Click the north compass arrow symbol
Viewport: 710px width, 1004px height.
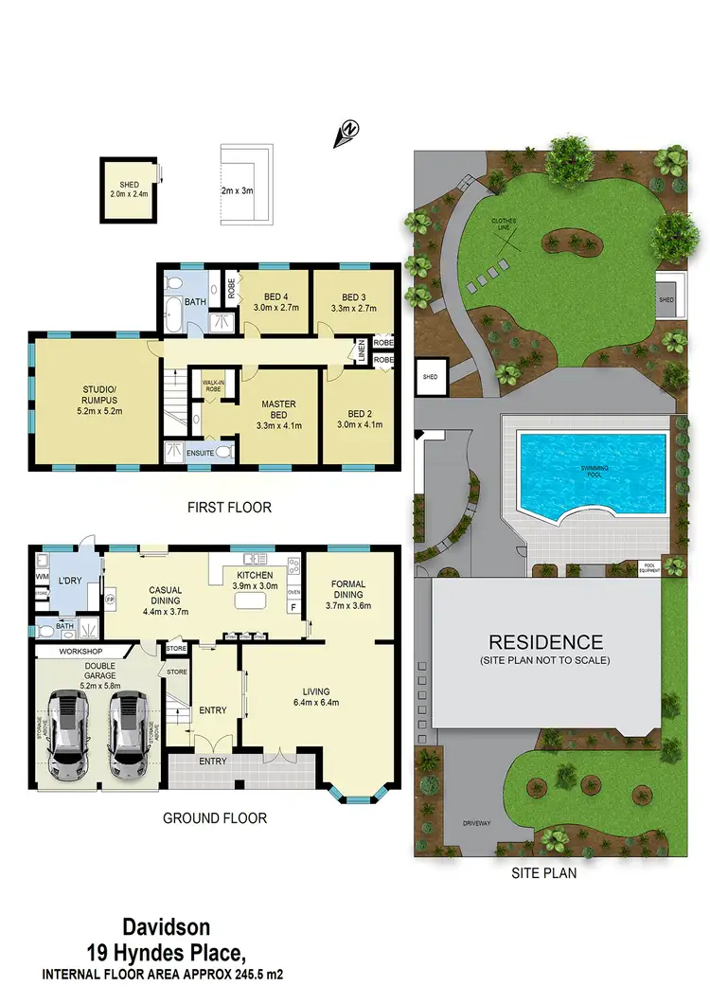[347, 134]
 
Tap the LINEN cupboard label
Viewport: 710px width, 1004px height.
[361, 350]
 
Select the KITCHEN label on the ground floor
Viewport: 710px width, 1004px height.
[255, 574]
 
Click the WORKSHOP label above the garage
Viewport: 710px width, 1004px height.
[80, 653]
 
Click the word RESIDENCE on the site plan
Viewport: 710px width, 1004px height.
[545, 641]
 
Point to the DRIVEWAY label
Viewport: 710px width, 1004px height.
[476, 823]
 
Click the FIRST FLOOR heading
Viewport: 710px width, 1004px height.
[230, 508]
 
